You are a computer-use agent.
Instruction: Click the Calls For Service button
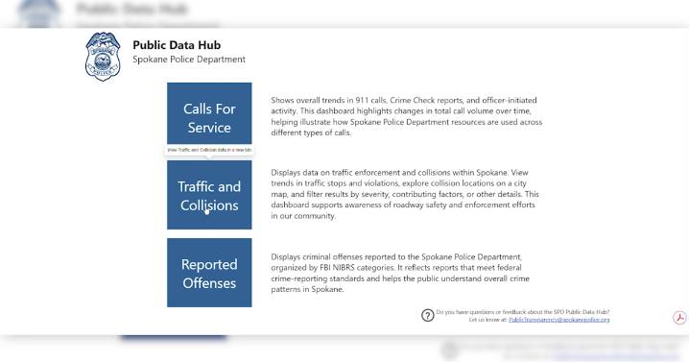tap(209, 117)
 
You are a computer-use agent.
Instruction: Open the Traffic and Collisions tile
tap(209, 195)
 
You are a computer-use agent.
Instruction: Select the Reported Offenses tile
tap(209, 273)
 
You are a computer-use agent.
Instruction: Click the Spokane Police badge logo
tap(103, 57)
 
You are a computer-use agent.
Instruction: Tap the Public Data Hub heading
tap(175, 44)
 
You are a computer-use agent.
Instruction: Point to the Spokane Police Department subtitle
tap(189, 60)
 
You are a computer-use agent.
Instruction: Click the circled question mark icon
tap(428, 315)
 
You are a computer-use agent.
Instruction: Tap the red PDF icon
tap(678, 318)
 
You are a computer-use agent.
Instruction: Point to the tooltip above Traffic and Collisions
tap(209, 150)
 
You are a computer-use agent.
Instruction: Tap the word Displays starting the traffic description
tap(288, 171)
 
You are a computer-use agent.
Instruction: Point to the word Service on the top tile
tap(209, 128)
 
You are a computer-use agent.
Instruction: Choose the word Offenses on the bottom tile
tap(209, 283)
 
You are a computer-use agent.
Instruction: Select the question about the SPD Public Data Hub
tap(523, 311)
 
